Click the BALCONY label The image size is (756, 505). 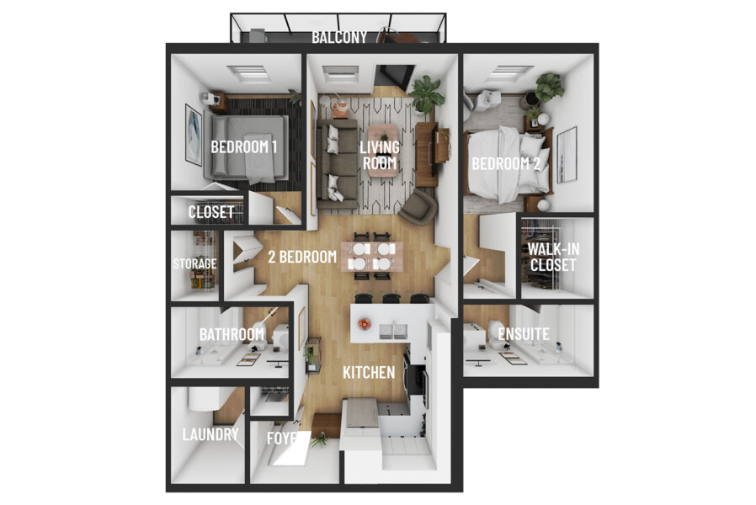click(339, 37)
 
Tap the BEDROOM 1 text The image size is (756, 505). click(244, 146)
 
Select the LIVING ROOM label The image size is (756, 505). click(379, 155)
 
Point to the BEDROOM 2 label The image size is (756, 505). click(505, 162)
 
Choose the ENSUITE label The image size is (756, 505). click(524, 334)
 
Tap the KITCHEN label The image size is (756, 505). click(368, 371)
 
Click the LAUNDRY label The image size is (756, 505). click(210, 435)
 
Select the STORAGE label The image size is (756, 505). click(194, 263)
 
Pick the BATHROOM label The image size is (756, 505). click(232, 334)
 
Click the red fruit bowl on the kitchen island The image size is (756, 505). click(365, 322)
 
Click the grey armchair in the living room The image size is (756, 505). click(418, 205)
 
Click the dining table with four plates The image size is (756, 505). click(370, 257)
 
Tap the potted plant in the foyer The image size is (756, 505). click(319, 439)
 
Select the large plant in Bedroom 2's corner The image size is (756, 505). click(550, 86)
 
